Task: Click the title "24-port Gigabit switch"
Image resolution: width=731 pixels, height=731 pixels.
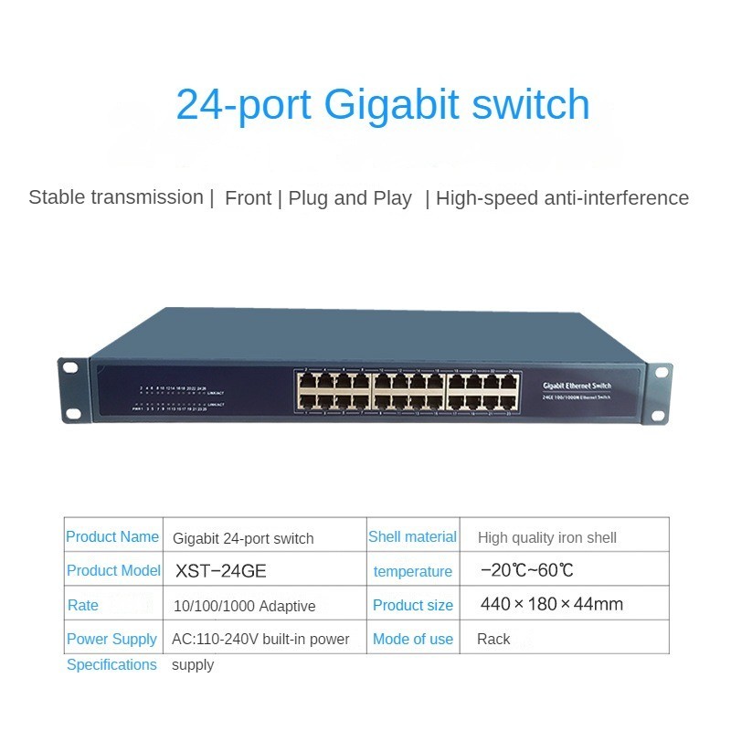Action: click(383, 104)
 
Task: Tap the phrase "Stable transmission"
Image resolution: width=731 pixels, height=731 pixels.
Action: click(115, 197)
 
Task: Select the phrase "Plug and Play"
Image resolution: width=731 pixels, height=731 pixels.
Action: click(350, 198)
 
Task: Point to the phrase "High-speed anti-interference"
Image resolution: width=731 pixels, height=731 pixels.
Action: click(562, 198)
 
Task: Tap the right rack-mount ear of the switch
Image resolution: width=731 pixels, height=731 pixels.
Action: click(659, 393)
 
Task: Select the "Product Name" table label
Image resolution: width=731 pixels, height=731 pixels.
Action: click(112, 537)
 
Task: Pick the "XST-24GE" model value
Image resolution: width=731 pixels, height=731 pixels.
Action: click(220, 571)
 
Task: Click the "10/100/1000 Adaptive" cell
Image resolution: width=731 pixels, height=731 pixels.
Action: click(244, 606)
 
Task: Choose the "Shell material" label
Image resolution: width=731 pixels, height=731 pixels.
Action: click(412, 537)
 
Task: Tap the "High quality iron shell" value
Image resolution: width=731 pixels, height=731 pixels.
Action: click(546, 538)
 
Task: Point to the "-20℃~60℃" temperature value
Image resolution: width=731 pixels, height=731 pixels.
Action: click(527, 571)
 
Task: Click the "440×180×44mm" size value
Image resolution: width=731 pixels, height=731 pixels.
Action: click(551, 604)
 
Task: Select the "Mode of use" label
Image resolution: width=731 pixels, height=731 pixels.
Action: click(412, 640)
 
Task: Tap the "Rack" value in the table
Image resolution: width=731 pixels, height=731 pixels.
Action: click(493, 640)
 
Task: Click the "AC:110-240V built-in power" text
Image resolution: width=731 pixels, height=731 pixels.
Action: click(260, 640)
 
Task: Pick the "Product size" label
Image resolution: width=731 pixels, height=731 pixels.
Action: click(412, 605)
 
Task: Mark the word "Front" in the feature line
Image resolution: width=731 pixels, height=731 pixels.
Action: click(249, 198)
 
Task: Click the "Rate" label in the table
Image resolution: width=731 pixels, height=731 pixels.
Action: click(83, 605)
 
